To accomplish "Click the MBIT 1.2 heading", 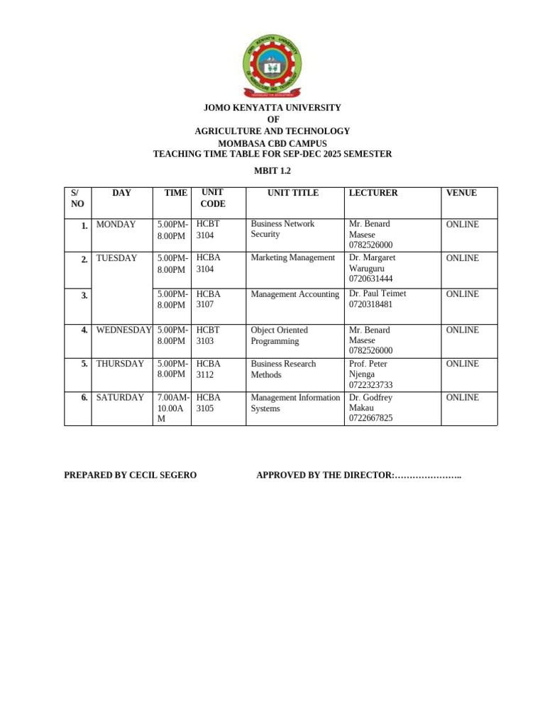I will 272,171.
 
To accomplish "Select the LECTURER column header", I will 373,193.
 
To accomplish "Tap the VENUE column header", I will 461,193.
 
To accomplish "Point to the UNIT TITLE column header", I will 293,193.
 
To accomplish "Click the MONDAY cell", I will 116,225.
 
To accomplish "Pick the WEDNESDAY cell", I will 124,330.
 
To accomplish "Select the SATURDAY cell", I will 120,398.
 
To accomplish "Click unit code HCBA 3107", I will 209,299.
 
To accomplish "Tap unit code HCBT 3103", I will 209,335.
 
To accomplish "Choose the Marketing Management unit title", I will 292,258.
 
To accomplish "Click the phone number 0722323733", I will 370,385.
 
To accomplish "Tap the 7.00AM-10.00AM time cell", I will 172,408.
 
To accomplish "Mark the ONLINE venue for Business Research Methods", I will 462,364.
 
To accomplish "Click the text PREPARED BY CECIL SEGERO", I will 130,475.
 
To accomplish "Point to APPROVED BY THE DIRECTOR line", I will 358,475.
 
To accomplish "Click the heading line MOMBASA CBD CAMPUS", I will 272,143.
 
